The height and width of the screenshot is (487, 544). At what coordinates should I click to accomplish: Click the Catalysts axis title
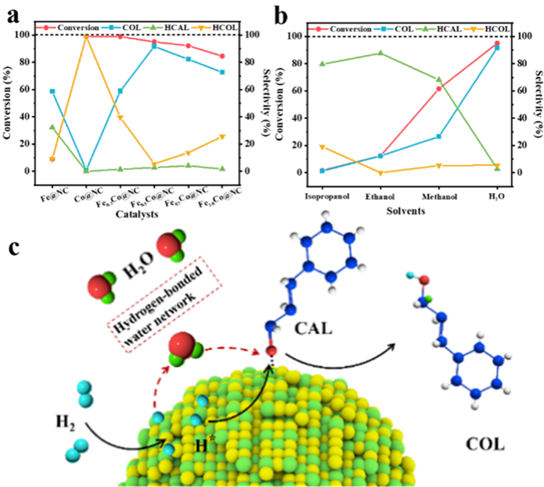click(136, 215)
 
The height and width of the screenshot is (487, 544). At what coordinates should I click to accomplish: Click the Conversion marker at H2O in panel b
click(497, 44)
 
